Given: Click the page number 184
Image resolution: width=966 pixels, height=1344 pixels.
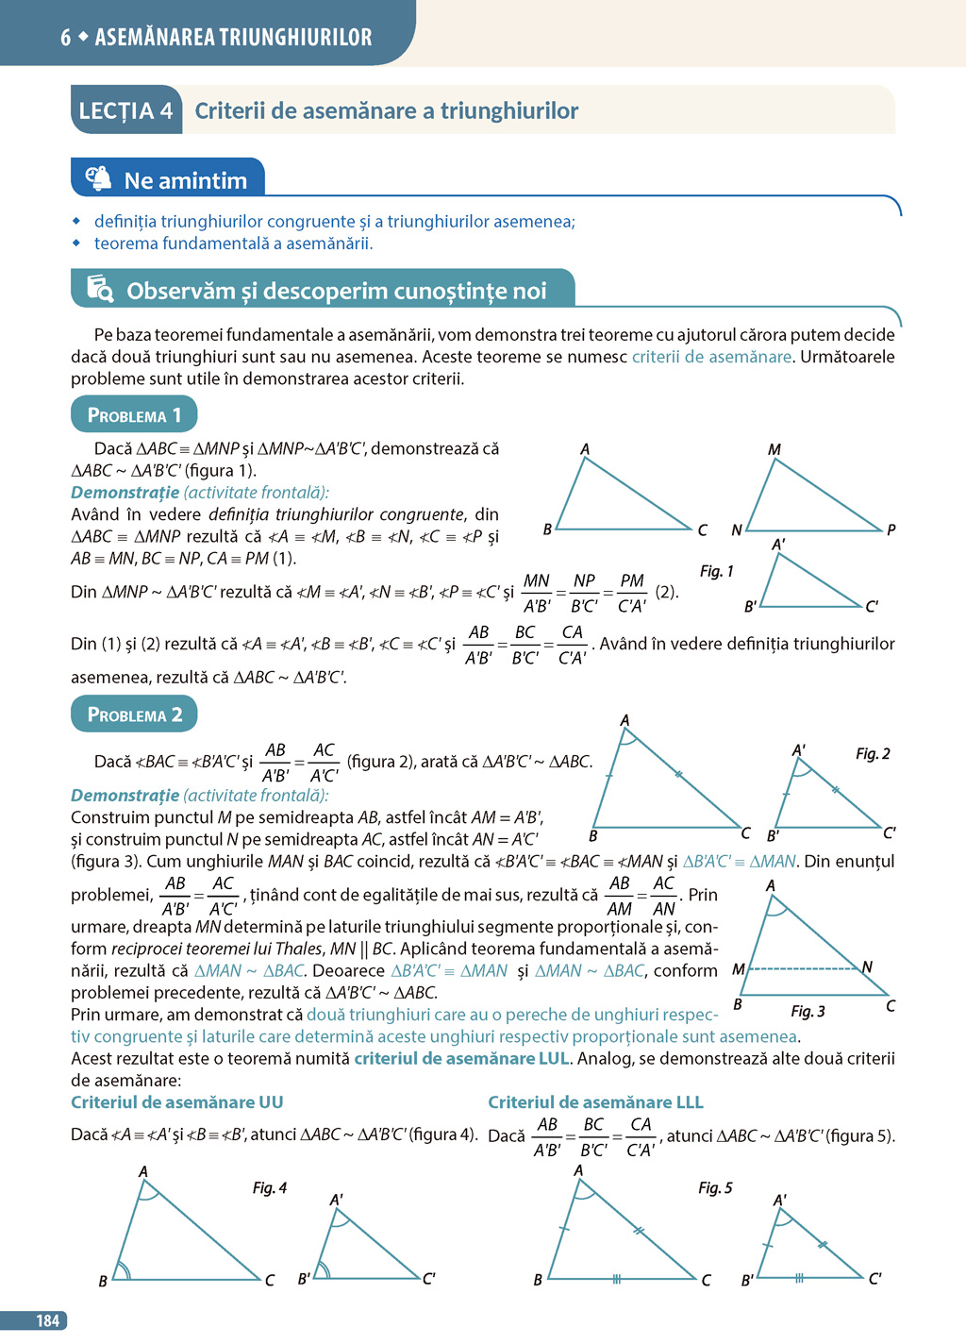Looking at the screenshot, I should click(x=47, y=1320).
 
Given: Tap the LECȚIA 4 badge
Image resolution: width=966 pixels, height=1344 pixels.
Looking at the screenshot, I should click(x=125, y=111).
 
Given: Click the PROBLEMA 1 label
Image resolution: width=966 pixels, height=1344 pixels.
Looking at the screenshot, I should click(x=134, y=415).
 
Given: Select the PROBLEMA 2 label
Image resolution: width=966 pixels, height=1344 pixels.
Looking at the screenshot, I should click(x=134, y=714).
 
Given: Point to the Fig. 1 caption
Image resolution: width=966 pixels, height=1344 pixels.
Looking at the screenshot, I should click(x=716, y=571).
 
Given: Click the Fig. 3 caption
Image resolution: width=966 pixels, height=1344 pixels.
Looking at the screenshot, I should click(x=808, y=1012).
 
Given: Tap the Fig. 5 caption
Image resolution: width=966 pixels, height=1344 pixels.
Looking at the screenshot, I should click(x=715, y=1187).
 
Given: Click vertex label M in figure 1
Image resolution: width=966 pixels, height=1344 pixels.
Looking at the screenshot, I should click(x=774, y=449).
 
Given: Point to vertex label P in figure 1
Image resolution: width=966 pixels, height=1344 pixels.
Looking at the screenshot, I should click(x=891, y=529).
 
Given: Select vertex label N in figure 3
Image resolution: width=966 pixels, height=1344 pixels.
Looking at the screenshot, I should click(x=867, y=966).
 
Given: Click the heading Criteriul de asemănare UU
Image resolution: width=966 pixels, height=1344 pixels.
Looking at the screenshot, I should click(x=177, y=1102).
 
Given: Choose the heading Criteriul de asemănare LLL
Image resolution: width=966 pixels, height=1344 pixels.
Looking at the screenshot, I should click(x=595, y=1102).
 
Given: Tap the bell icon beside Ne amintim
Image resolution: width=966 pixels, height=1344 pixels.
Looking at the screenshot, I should click(x=98, y=178).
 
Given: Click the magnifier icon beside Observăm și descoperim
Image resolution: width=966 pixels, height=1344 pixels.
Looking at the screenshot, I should click(x=100, y=289).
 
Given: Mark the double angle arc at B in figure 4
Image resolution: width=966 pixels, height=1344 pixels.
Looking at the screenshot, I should click(x=123, y=1270).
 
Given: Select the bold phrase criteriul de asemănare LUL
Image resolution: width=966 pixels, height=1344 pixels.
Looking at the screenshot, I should click(x=461, y=1058).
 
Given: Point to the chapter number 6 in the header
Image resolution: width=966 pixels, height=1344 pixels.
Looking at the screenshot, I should click(x=65, y=38).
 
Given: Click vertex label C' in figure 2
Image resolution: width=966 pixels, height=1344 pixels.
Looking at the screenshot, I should click(x=889, y=832).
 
